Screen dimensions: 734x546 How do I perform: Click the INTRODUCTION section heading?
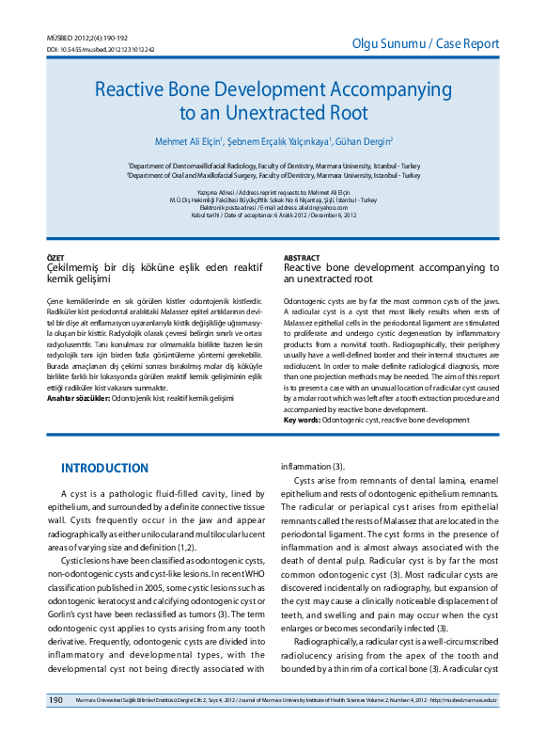click(104, 469)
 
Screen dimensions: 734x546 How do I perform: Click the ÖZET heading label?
click(56, 257)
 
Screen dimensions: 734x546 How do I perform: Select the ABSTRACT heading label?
click(303, 257)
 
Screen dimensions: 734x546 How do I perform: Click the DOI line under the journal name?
click(101, 49)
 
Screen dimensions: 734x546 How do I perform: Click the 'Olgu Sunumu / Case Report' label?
click(425, 44)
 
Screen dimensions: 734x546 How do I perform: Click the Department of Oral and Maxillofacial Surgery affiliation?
click(273, 175)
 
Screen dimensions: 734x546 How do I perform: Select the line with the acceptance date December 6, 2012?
click(273, 215)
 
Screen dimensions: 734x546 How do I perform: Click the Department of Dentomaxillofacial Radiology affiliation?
click(273, 165)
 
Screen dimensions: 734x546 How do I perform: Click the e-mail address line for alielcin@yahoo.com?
click(273, 207)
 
